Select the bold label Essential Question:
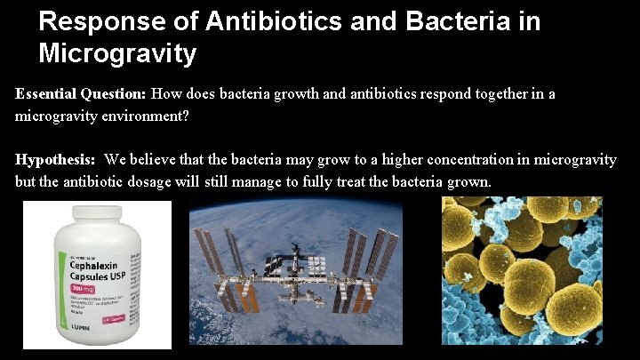(81, 94)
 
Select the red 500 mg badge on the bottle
(84, 291)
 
